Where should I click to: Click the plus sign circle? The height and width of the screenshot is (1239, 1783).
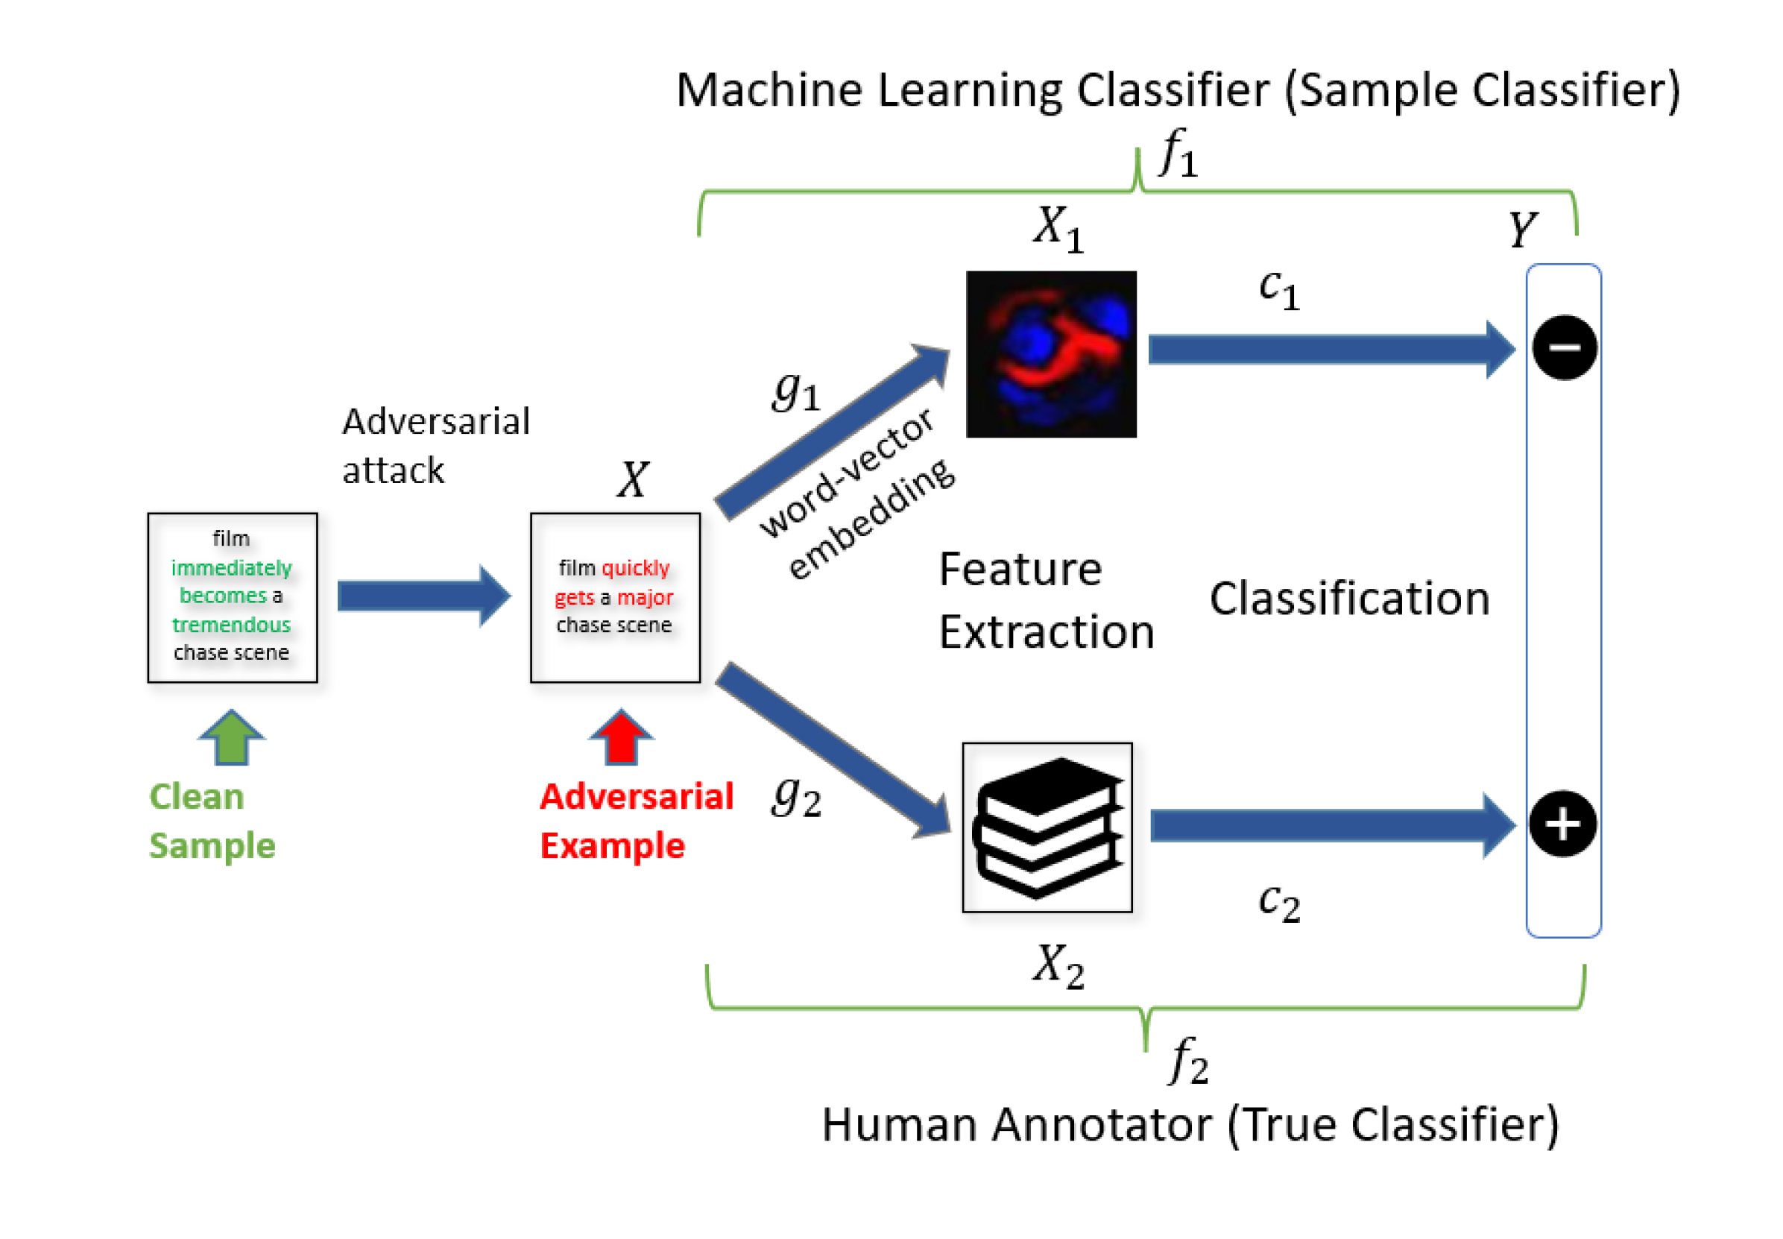coord(1562,823)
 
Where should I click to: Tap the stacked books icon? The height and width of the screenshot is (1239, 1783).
coord(1047,827)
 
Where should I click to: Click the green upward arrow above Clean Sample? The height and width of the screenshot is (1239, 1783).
coord(231,737)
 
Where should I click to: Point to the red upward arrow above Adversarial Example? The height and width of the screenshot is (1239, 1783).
coord(620,737)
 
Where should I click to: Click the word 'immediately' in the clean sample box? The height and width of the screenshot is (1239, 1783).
coord(231,567)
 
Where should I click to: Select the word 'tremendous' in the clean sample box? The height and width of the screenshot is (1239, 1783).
coord(231,624)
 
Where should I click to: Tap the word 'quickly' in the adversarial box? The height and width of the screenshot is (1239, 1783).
coord(635,567)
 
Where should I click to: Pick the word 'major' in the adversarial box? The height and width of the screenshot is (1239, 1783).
coord(645,598)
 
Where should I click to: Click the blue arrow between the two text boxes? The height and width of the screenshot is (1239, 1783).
coord(424,596)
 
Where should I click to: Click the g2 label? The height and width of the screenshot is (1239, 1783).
coord(796,796)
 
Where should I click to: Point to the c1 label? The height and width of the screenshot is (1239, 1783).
coord(1278,289)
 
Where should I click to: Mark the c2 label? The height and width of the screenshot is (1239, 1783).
coord(1278,903)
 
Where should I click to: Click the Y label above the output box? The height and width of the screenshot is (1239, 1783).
coord(1521,229)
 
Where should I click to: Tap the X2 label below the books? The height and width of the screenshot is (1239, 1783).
coord(1057,966)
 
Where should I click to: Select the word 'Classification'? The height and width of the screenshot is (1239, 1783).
coord(1349,599)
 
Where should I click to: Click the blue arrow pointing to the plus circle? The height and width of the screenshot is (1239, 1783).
coord(1333,825)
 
